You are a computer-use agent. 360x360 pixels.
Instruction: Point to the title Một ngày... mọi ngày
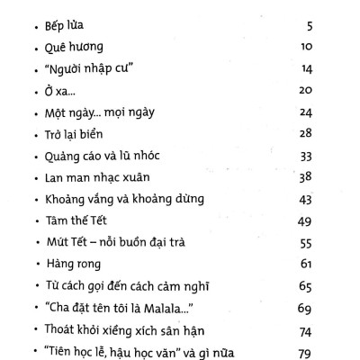point(89,112)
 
